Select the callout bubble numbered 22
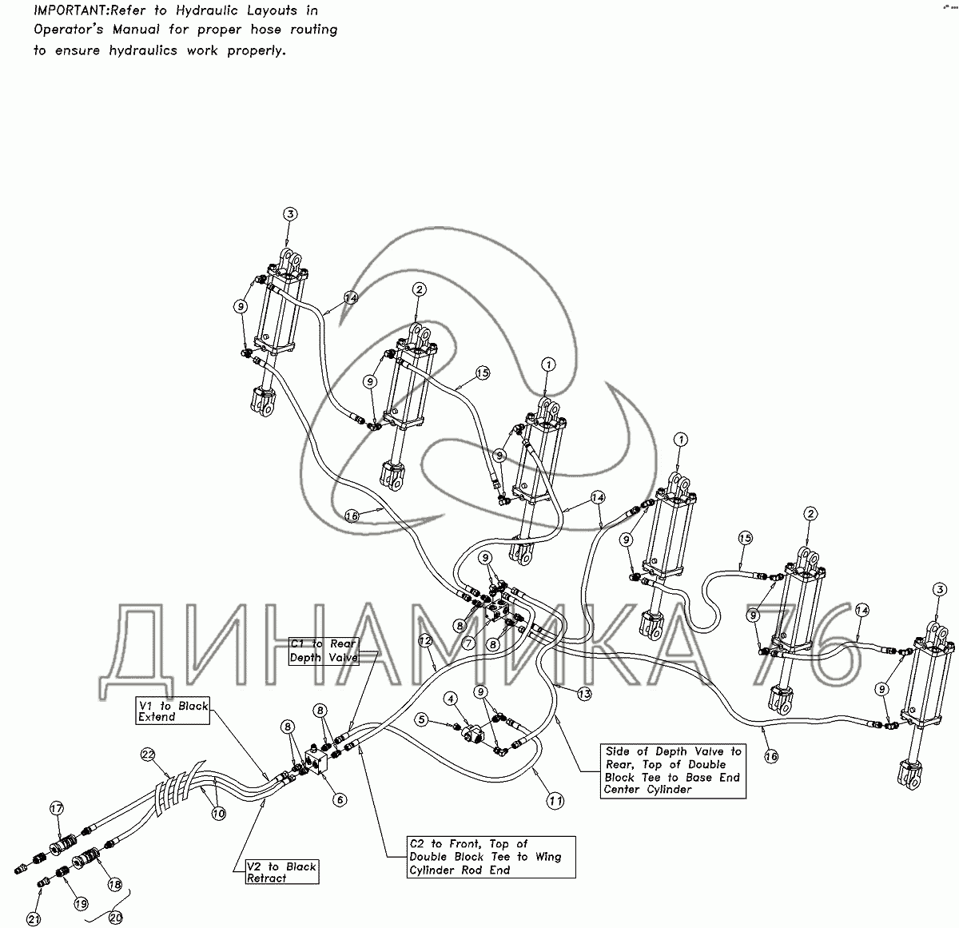click(148, 755)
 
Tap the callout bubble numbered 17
click(57, 808)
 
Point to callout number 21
click(34, 919)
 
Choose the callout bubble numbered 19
click(82, 903)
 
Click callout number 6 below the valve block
click(340, 799)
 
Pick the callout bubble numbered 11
click(555, 801)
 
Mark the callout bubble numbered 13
click(584, 694)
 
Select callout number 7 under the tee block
click(468, 643)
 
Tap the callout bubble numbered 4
click(450, 699)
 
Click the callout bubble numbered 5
click(421, 719)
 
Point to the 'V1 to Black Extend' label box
click(173, 710)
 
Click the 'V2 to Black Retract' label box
click(282, 872)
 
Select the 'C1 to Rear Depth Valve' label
click(324, 651)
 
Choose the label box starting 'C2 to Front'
click(491, 857)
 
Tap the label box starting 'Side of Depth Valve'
click(673, 771)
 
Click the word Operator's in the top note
click(69, 30)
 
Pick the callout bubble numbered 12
click(425, 641)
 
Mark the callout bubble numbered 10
click(219, 814)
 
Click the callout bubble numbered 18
click(115, 885)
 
